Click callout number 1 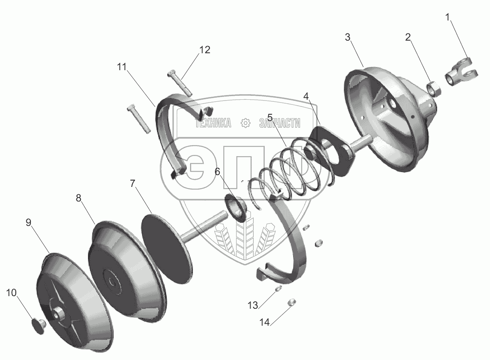pyautogui.click(x=447, y=17)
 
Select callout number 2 pyautogui.click(x=408, y=37)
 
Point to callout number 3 pyautogui.click(x=348, y=37)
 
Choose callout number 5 pyautogui.click(x=270, y=117)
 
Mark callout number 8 pyautogui.click(x=79, y=198)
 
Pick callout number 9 pyautogui.click(x=28, y=222)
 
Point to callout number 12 pyautogui.click(x=204, y=50)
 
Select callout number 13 pyautogui.click(x=253, y=305)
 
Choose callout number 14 pyautogui.click(x=264, y=322)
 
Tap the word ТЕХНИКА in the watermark pyautogui.click(x=213, y=123)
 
